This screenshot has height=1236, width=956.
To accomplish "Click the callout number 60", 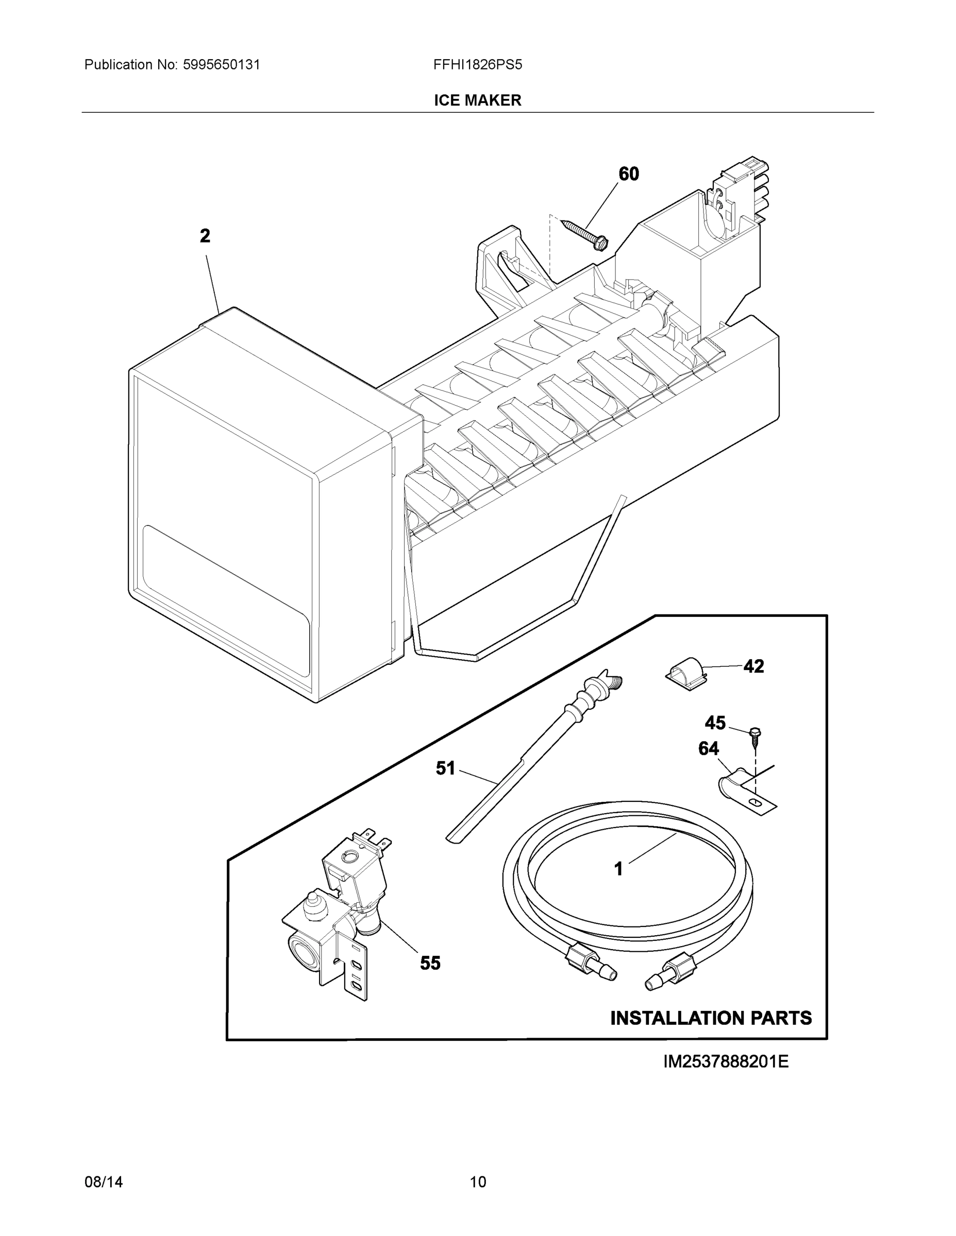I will click(629, 174).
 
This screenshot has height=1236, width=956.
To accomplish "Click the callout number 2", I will click(205, 236).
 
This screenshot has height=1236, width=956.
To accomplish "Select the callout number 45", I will click(715, 723).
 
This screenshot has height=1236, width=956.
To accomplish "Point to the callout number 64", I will click(709, 749).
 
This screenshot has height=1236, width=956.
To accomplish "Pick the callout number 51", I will click(446, 768).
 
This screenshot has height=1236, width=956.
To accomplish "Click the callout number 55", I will click(430, 963).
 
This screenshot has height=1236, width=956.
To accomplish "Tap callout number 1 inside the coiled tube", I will click(619, 869).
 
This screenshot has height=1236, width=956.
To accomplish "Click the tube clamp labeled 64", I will click(742, 786).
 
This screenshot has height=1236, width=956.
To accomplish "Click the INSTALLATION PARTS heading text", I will click(711, 1018).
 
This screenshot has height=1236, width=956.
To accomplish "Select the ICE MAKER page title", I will click(477, 100).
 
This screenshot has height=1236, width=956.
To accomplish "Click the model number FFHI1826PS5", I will click(477, 64).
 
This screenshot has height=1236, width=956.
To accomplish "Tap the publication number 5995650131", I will click(221, 64).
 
